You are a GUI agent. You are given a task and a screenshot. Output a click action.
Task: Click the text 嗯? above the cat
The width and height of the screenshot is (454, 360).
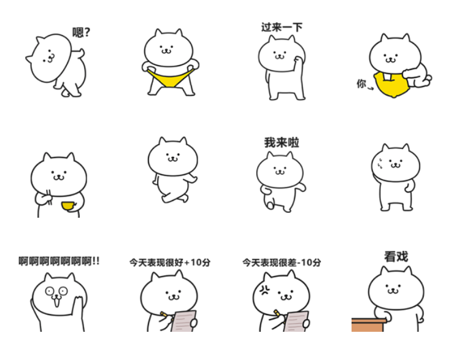[x=81, y=33]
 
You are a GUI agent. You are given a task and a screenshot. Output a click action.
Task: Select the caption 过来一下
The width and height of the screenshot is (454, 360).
[x=282, y=27]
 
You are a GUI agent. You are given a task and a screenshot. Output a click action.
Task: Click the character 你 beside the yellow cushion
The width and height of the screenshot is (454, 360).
[x=361, y=83]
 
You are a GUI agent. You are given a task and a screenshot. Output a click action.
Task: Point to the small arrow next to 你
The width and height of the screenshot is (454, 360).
[x=371, y=88]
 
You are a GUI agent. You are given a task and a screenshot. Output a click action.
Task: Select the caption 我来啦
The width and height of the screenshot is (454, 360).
[x=282, y=143]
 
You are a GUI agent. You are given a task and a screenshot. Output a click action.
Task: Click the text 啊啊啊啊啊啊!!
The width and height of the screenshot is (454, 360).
[x=59, y=262]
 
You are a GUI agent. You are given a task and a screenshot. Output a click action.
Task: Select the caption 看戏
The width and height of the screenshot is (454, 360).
[x=396, y=256]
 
